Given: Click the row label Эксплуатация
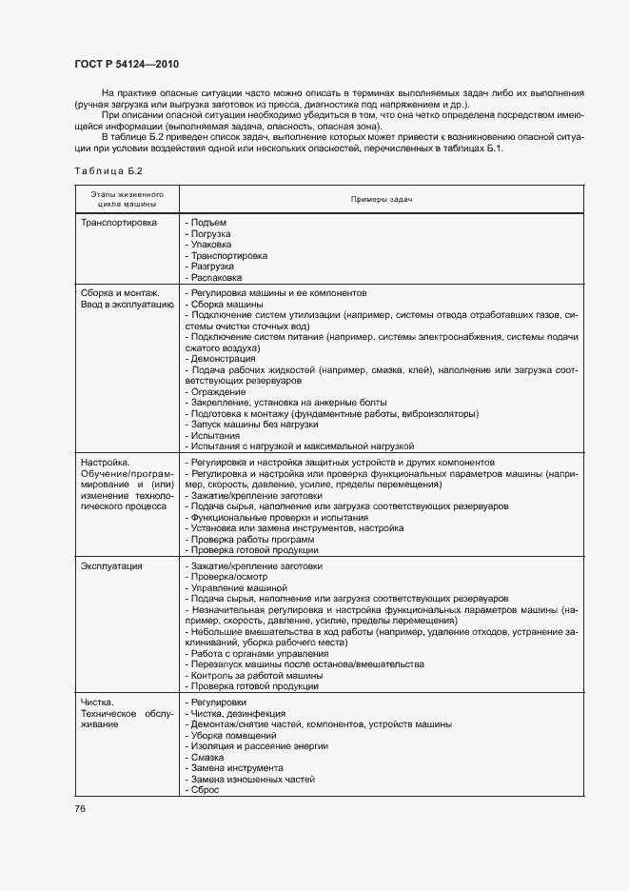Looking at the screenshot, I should (x=112, y=566).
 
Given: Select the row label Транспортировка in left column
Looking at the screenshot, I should (x=119, y=222).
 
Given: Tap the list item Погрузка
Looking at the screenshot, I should (x=209, y=233).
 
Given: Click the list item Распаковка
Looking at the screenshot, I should (x=214, y=277).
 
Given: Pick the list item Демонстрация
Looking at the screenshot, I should (x=221, y=359).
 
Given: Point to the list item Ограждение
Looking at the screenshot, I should (x=217, y=391).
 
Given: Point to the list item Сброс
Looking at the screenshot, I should (x=205, y=790).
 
